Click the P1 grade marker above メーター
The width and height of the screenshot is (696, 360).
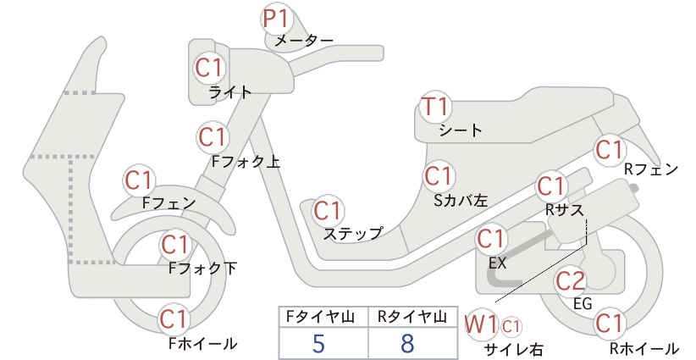click(277, 18)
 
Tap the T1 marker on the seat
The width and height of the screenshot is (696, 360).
click(436, 107)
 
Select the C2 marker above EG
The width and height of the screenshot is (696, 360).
click(571, 281)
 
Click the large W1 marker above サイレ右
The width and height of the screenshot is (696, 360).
click(481, 325)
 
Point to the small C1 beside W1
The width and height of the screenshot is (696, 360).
click(511, 327)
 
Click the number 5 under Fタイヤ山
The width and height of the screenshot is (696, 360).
click(318, 344)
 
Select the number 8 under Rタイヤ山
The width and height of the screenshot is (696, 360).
click(406, 344)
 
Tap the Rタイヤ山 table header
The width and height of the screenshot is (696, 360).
click(412, 317)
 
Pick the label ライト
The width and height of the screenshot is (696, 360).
click(230, 92)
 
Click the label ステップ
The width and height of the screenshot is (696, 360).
click(353, 234)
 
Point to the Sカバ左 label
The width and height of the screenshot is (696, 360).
click(461, 201)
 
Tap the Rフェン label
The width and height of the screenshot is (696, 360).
click(651, 169)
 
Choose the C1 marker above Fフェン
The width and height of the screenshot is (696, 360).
click(139, 181)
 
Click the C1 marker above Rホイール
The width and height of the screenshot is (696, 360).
click(609, 324)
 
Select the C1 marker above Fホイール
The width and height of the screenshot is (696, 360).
click(174, 319)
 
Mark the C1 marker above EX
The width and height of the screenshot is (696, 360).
click(490, 239)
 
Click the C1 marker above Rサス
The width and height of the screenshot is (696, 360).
click(551, 187)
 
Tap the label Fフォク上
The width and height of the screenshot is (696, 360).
click(246, 162)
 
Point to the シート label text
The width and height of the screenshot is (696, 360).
click(461, 130)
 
